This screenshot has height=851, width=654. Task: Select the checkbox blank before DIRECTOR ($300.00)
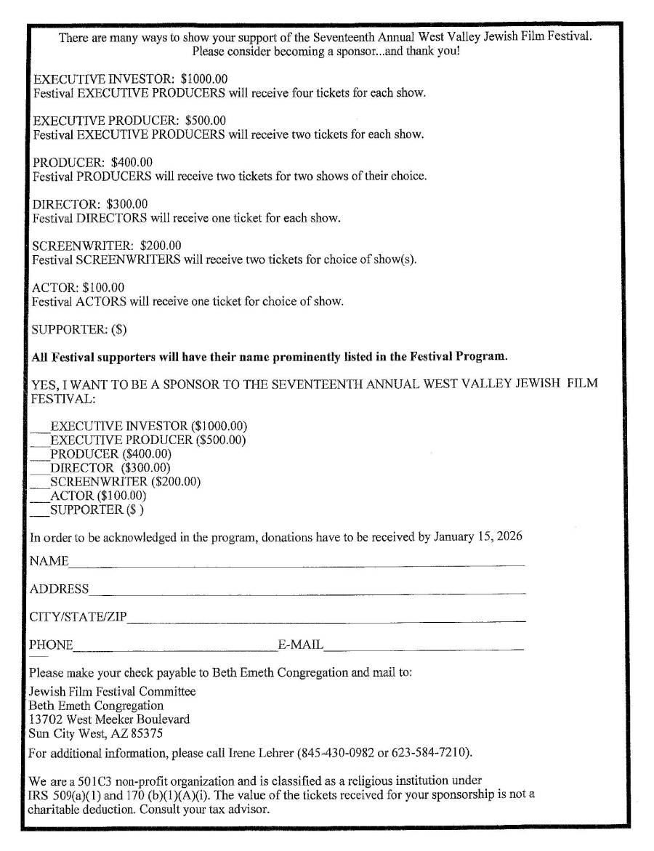pyautogui.click(x=39, y=469)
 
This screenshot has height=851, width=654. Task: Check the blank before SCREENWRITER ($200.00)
pyautogui.click(x=39, y=482)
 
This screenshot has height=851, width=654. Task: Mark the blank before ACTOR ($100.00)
pyautogui.click(x=39, y=496)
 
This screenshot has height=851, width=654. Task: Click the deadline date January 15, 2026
pyautogui.click(x=478, y=538)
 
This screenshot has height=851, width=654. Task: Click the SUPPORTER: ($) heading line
pyautogui.click(x=79, y=329)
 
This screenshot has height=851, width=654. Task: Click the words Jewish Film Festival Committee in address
pyautogui.click(x=112, y=691)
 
